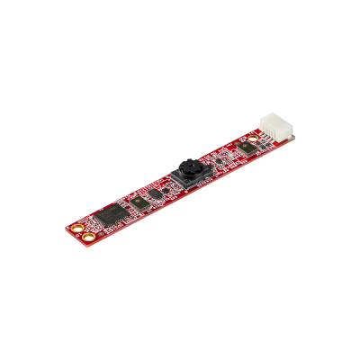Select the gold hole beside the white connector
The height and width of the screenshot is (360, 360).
pos(252,137)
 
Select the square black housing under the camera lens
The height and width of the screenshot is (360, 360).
pos(190,179)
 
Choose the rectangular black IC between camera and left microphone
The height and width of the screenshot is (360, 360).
pos(154,193)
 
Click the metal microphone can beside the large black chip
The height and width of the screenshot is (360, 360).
pos(139,202)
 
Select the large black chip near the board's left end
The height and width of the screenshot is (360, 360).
pos(111,215)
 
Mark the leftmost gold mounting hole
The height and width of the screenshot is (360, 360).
pos(77,229)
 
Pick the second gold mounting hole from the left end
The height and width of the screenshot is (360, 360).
pos(88,237)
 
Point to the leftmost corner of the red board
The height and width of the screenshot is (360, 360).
pos(66,229)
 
